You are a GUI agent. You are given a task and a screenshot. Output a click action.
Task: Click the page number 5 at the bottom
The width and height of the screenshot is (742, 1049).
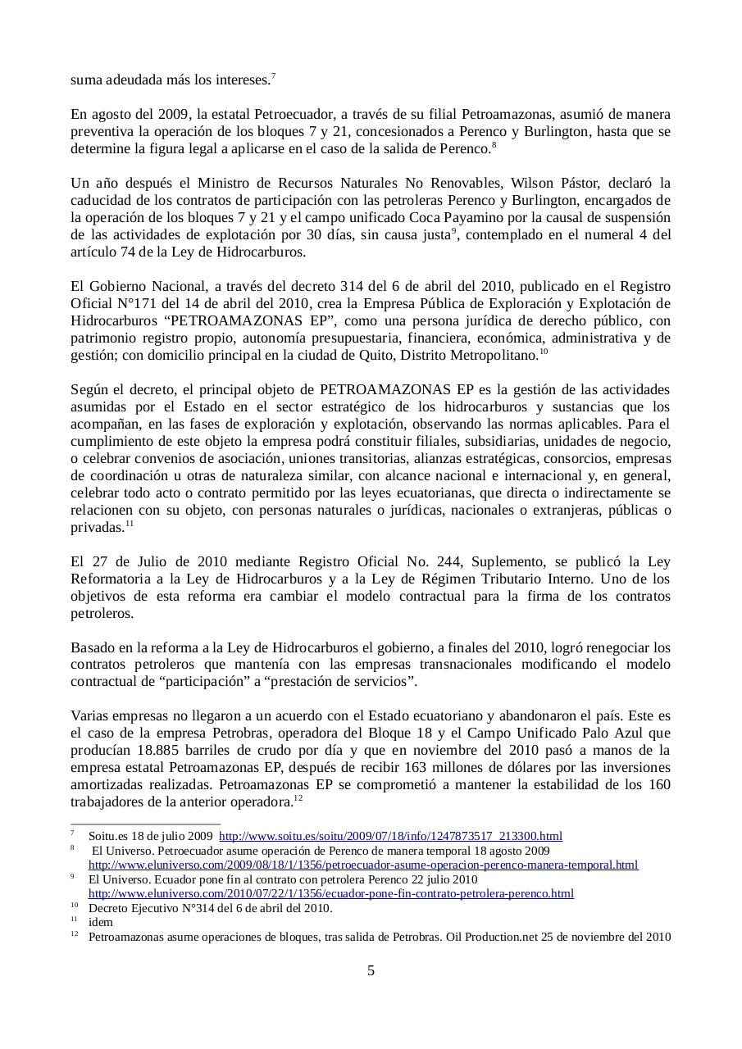(x=371, y=971)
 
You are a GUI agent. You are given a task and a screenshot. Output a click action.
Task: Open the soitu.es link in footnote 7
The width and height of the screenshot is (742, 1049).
(x=390, y=837)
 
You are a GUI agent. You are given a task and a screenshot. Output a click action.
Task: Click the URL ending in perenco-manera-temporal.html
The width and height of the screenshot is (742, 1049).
(x=363, y=865)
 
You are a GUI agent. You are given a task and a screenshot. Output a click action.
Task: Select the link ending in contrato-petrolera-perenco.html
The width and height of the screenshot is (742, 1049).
(x=331, y=894)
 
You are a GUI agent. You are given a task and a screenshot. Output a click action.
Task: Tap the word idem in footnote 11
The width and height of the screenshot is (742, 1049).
(x=101, y=922)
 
